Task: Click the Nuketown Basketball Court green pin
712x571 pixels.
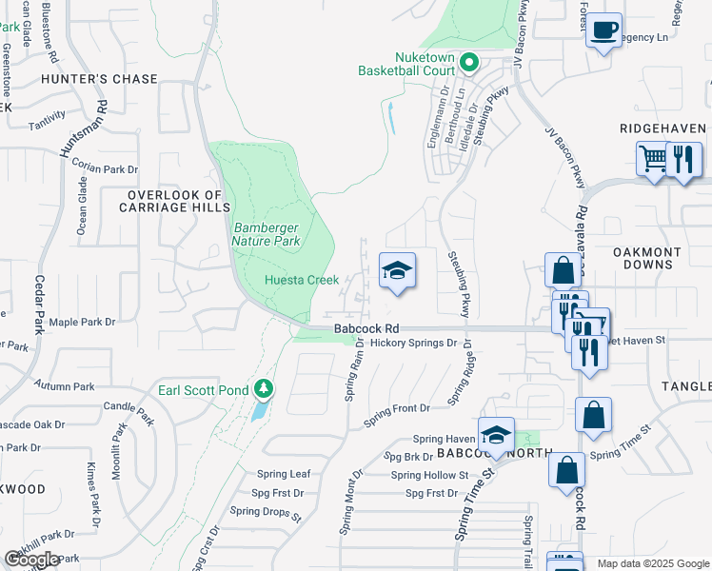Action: tap(468, 63)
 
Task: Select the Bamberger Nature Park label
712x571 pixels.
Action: tap(267, 234)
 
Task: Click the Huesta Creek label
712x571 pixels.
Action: tap(302, 280)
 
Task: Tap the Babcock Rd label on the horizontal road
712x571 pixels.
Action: tap(365, 329)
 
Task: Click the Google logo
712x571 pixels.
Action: tap(31, 560)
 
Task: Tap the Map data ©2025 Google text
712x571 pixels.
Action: tap(653, 563)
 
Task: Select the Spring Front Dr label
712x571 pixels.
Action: tap(397, 408)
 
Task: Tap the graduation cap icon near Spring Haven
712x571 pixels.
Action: tap(496, 434)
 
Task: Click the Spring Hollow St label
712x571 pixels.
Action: tap(430, 475)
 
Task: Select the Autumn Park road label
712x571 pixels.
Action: tap(65, 386)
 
